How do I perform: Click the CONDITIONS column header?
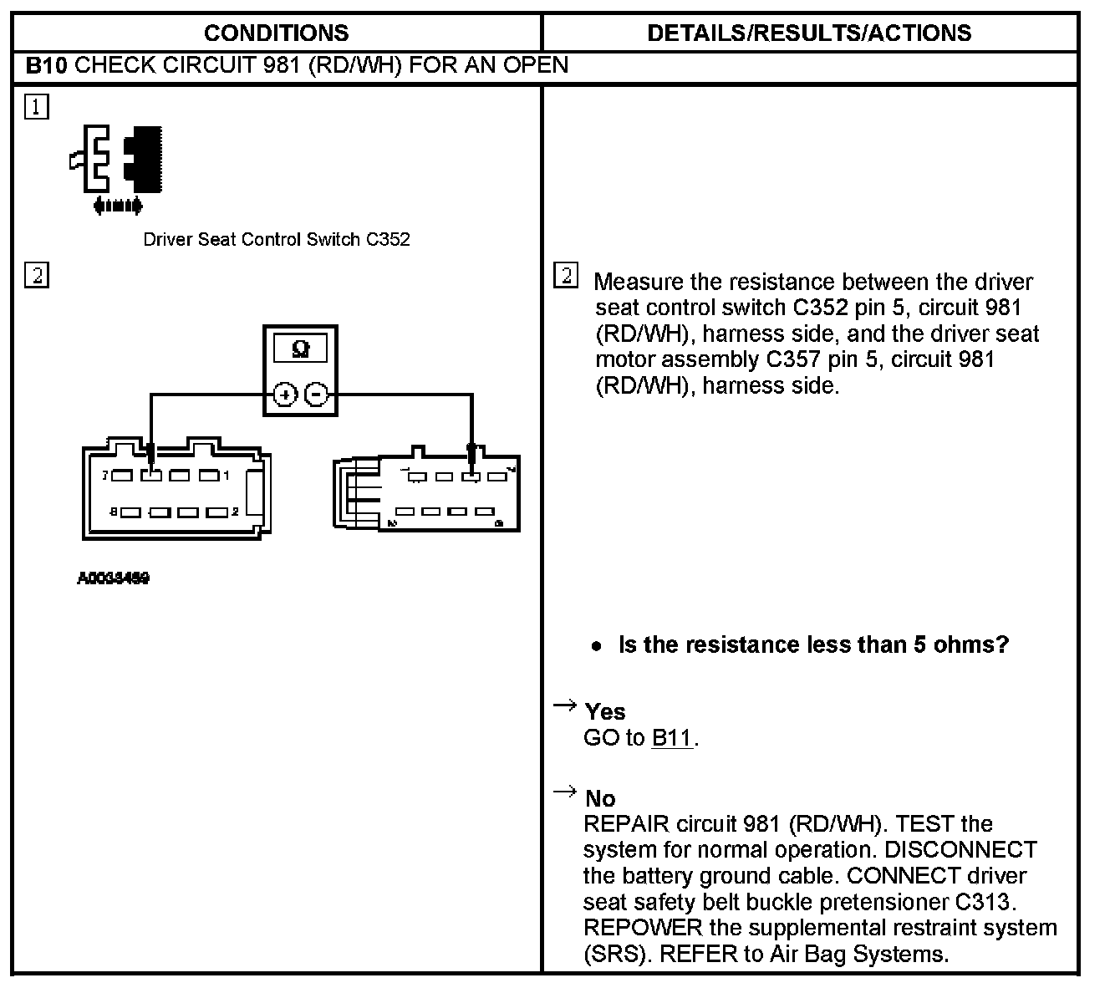tap(276, 33)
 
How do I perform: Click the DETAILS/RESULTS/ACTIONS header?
tap(809, 33)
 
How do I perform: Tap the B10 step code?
tap(45, 65)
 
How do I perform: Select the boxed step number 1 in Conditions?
tap(37, 107)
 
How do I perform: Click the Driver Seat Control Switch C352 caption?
tap(277, 239)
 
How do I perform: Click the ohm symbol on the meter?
tap(301, 349)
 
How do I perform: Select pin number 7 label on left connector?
tap(105, 476)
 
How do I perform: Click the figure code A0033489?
tap(114, 578)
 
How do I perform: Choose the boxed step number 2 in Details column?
tap(566, 276)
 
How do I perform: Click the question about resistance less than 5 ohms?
tap(813, 644)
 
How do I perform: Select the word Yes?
tap(605, 711)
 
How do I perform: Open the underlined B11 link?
tap(672, 738)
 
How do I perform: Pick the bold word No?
tap(600, 798)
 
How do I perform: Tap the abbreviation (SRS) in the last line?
tap(614, 954)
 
